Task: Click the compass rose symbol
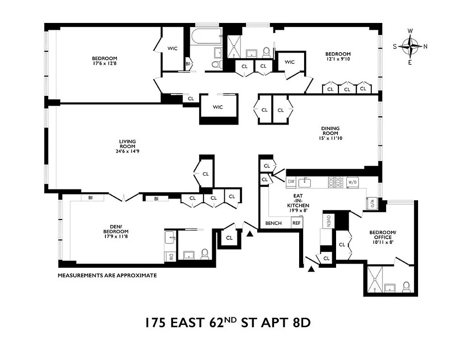coord(410,46)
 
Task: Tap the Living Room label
coord(127,144)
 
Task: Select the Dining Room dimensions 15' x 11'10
coord(330,138)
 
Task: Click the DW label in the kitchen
coord(291,182)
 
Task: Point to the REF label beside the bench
coord(296,223)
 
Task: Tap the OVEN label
coord(328,221)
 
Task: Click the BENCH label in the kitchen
coord(273,223)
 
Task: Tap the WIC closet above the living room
coord(218,107)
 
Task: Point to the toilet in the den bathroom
coord(205,254)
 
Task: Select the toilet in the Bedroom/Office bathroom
coord(406,286)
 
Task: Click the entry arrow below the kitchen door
coord(311,269)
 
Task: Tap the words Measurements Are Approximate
coord(107,275)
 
